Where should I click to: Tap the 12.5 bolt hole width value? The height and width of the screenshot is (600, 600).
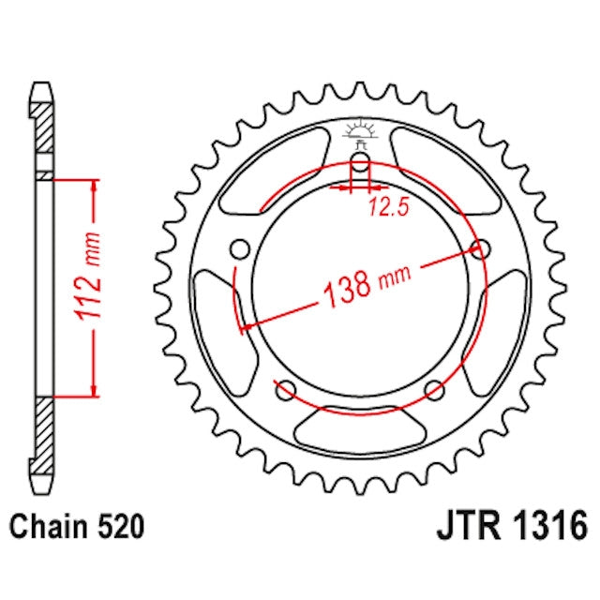click(385, 207)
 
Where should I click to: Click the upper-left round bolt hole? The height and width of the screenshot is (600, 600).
click(240, 249)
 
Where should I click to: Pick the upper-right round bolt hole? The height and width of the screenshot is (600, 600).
click(482, 249)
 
